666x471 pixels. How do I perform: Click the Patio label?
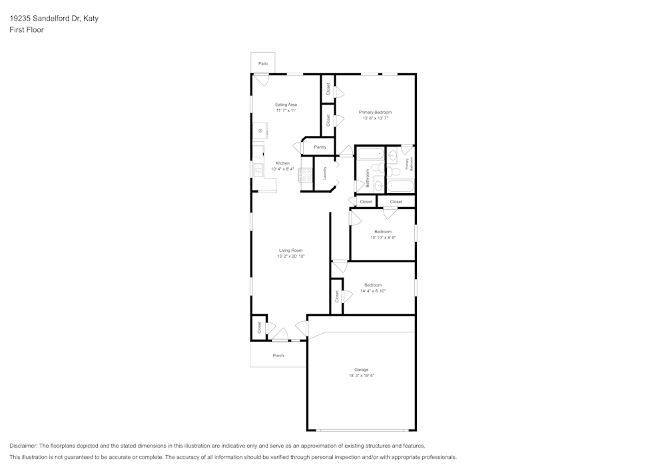(264, 63)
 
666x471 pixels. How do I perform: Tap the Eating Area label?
(286, 105)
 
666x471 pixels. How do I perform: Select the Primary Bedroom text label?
(375, 112)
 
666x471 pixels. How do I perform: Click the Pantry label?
(320, 147)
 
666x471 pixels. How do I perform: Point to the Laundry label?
(324, 173)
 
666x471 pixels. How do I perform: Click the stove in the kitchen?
(306, 175)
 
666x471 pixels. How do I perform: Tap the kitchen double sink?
(258, 170)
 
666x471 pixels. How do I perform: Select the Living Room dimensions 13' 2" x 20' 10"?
(290, 256)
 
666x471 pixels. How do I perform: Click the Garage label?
(361, 370)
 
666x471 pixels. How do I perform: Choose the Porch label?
(278, 356)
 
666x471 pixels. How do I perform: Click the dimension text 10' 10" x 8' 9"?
(383, 237)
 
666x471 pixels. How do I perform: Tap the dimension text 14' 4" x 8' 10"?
(373, 290)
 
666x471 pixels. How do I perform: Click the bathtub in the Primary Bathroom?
(400, 187)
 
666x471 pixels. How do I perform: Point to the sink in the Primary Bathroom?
(393, 157)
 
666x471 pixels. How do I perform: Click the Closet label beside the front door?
(259, 327)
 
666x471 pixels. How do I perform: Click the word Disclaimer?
(23, 446)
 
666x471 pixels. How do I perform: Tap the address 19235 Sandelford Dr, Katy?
(54, 19)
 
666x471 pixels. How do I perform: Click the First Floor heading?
(27, 30)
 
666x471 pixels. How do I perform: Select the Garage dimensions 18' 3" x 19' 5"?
(361, 376)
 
